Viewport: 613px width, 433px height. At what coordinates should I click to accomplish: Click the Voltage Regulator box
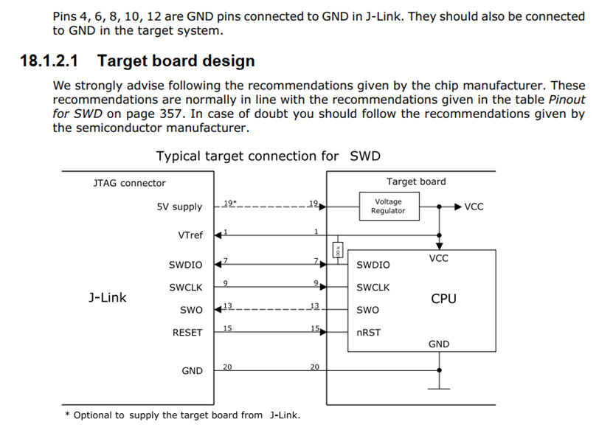tap(388, 206)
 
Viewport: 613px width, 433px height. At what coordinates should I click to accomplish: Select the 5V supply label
tap(179, 207)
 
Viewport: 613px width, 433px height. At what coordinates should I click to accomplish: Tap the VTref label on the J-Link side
tap(190, 235)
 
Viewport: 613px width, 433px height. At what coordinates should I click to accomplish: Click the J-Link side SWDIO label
tap(185, 265)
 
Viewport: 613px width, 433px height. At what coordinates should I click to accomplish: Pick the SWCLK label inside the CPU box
tap(373, 288)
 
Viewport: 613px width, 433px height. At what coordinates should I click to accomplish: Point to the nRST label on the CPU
tap(368, 333)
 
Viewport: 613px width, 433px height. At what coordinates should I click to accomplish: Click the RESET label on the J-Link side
tap(187, 333)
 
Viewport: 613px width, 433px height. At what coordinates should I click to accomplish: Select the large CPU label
tap(443, 299)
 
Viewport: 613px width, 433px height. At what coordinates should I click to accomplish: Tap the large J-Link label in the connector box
tap(107, 298)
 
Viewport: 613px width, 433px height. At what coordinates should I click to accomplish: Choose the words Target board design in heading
tap(176, 61)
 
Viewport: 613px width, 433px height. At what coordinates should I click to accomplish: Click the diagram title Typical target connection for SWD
tap(269, 156)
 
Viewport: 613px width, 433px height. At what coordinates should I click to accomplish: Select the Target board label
tap(416, 181)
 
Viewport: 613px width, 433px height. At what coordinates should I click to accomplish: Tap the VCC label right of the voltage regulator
tap(474, 207)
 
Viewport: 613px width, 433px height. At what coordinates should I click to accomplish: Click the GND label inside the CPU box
tap(438, 344)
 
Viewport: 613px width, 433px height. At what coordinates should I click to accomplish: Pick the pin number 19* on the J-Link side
tap(229, 202)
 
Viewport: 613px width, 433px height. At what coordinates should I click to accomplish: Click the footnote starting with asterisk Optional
tap(182, 415)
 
